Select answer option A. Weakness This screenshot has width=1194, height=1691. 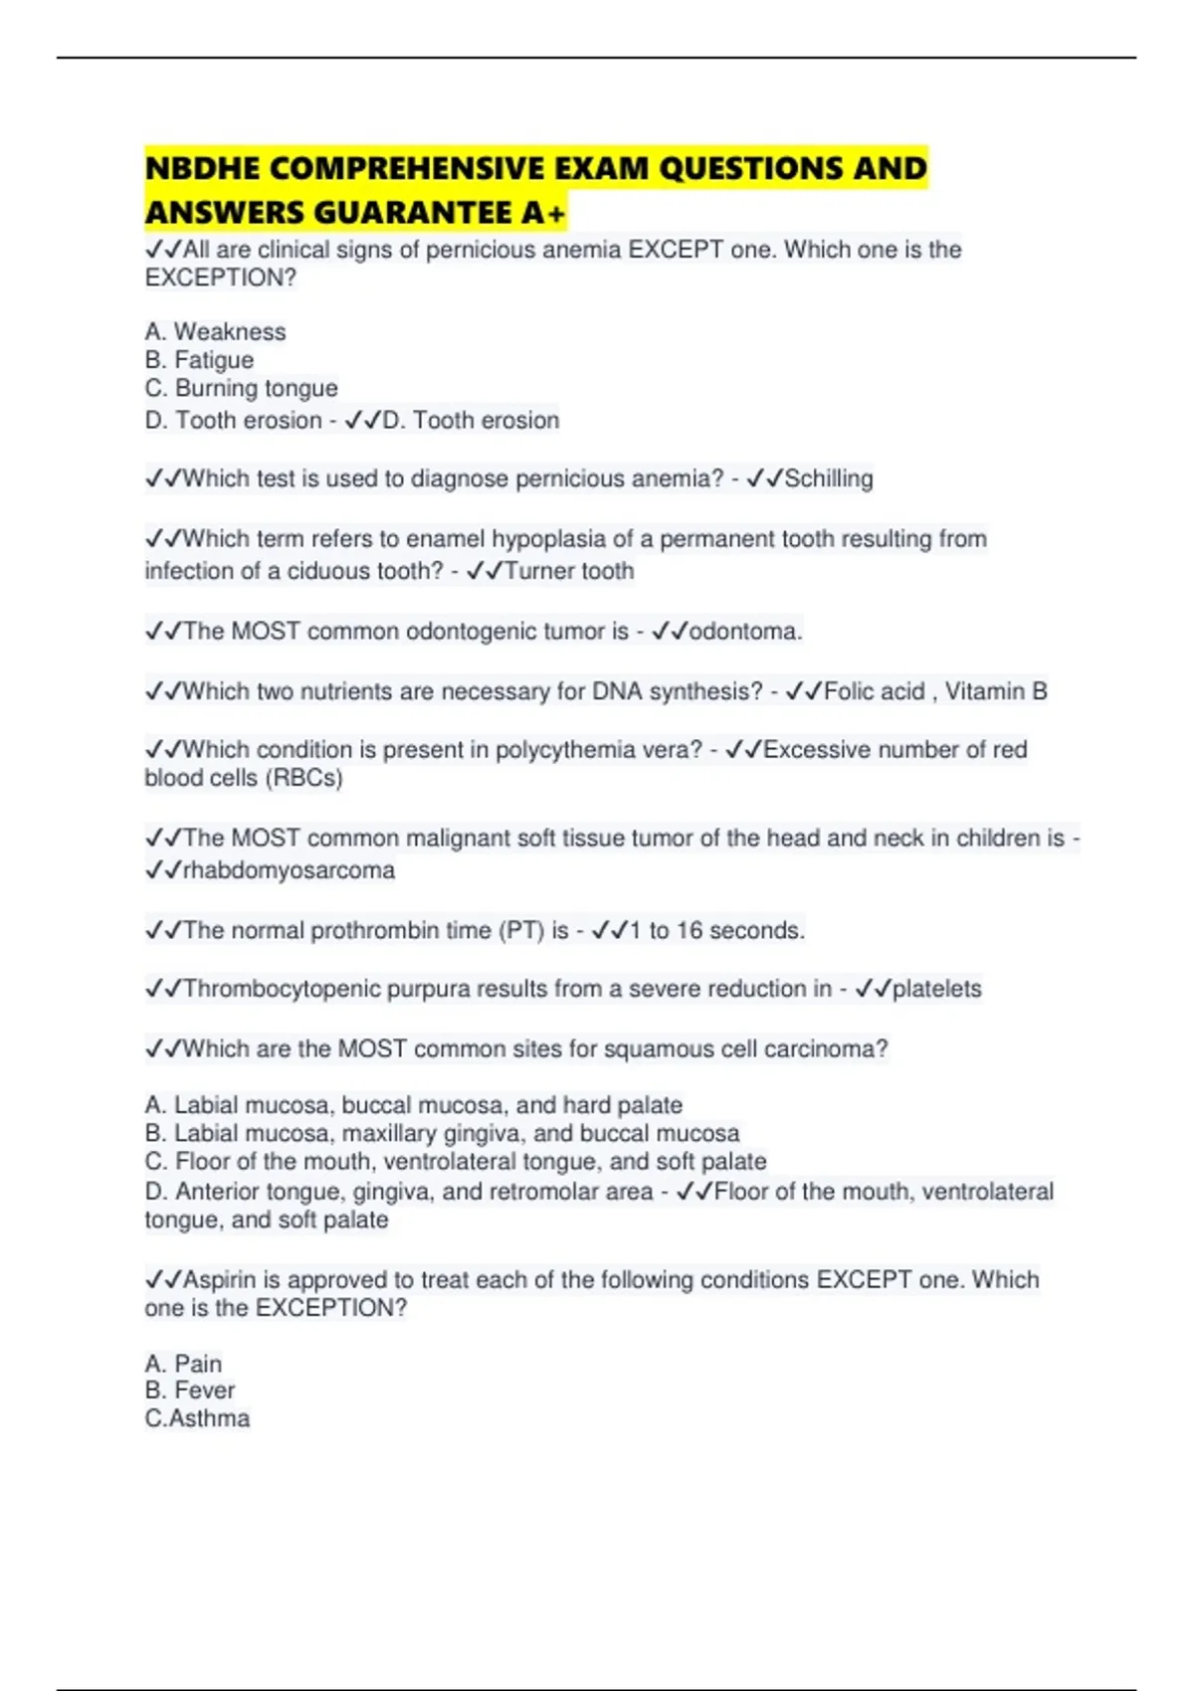point(215,331)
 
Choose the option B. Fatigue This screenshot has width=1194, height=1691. point(199,360)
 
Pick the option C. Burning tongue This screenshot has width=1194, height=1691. point(241,388)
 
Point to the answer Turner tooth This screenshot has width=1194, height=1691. point(569,571)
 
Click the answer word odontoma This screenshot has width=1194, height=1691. point(744,632)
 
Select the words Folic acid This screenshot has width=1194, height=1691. point(874,691)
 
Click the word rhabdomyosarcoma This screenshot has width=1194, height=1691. point(289,870)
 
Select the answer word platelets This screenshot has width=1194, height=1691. point(936,989)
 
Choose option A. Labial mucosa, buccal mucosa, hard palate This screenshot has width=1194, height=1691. point(413,1105)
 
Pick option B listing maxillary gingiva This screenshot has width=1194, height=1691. point(442,1133)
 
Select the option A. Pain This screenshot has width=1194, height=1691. point(183,1364)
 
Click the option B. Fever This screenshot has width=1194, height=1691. point(189,1391)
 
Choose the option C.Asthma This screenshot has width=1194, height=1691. point(197,1418)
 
